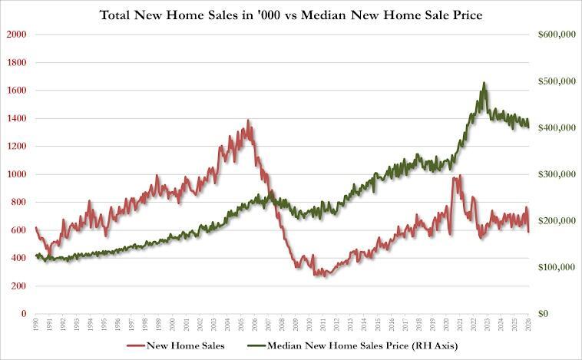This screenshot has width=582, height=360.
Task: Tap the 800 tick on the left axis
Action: point(18,203)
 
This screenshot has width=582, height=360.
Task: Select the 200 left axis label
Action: point(18,286)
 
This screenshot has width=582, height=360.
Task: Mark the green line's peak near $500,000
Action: point(484,82)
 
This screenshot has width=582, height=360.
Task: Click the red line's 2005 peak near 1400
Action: point(248,121)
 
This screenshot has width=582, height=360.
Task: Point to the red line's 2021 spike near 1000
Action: point(455,177)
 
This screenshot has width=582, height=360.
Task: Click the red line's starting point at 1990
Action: point(36,227)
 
